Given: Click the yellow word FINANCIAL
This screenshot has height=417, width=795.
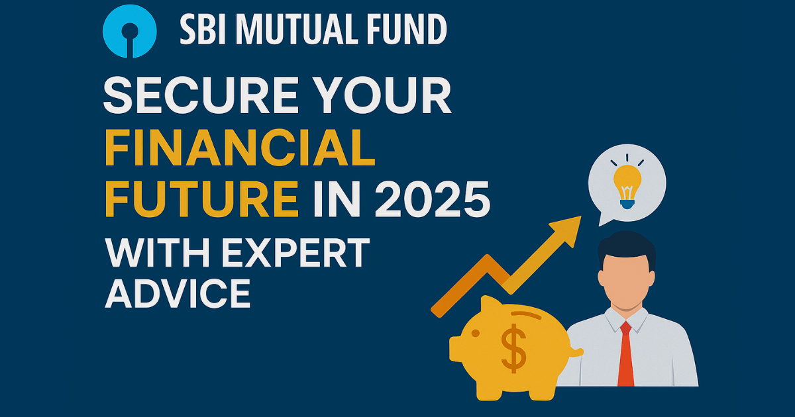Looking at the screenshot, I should click(240, 149).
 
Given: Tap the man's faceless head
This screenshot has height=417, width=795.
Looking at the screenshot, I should click(626, 278).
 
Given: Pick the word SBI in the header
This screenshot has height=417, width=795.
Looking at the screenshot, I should click(201, 29).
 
